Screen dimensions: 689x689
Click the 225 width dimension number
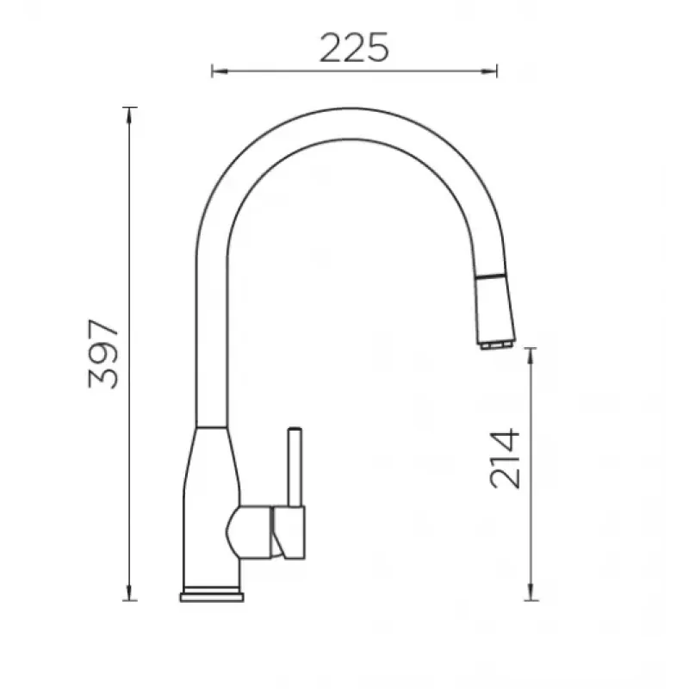(x=354, y=47)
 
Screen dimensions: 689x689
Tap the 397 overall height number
(x=103, y=354)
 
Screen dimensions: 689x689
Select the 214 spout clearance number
(x=505, y=459)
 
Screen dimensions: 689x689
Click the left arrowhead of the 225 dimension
(x=220, y=71)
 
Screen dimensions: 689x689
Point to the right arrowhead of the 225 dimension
(x=488, y=71)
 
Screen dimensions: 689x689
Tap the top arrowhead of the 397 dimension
(x=129, y=115)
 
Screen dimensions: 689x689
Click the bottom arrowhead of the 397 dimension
(x=129, y=593)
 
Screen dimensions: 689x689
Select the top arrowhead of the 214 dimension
(x=531, y=357)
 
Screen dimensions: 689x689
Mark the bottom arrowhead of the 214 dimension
(x=531, y=593)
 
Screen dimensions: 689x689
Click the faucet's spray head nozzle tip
(x=497, y=345)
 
